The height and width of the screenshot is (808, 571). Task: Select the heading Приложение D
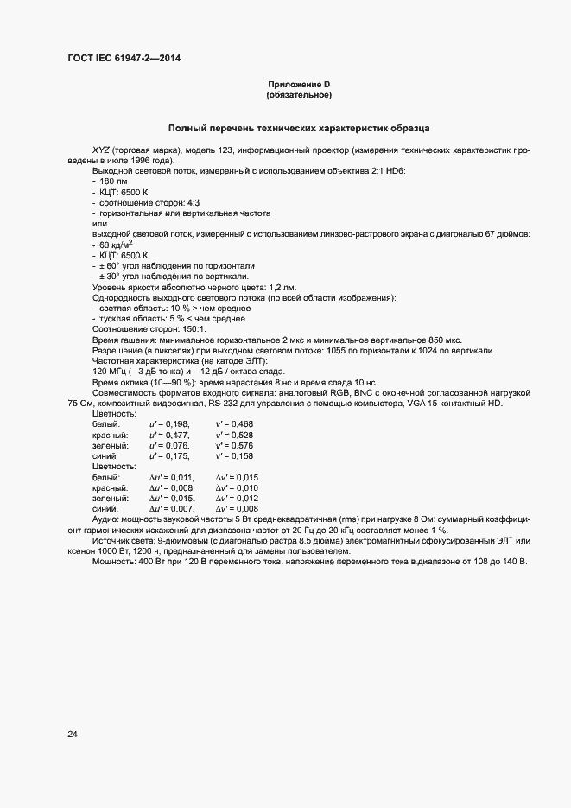(299, 84)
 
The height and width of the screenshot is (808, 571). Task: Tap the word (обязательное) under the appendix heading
(299, 95)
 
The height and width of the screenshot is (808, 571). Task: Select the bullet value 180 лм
(114, 181)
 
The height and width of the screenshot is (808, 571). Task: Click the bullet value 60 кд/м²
(116, 245)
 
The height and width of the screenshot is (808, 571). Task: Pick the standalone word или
(99, 223)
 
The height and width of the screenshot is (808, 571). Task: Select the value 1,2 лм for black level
(282, 287)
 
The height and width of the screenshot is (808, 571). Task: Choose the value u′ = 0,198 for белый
(169, 423)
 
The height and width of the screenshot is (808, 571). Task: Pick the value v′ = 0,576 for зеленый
(234, 445)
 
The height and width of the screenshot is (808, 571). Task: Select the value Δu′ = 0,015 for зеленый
(171, 499)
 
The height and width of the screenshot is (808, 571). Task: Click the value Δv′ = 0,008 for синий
(237, 509)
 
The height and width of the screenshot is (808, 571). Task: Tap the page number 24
(73, 735)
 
